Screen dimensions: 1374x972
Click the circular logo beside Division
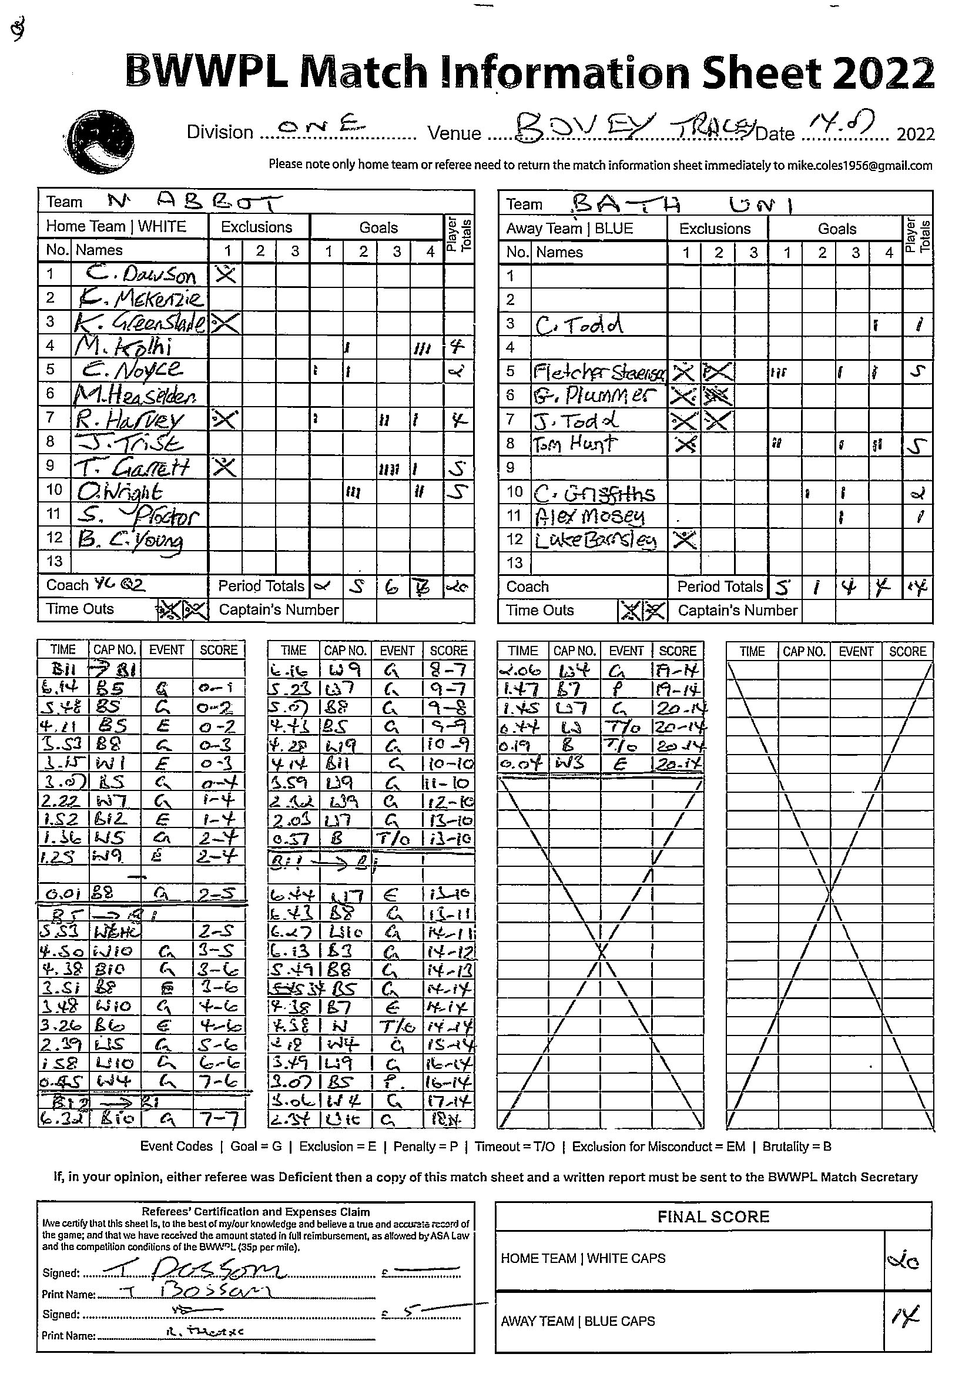100,141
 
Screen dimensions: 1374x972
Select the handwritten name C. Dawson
141,274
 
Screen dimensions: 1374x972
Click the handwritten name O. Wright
120,491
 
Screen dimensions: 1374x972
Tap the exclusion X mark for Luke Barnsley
684,539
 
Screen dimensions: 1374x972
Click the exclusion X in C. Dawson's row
226,274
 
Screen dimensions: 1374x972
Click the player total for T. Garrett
458,467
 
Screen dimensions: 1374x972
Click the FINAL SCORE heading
713,1217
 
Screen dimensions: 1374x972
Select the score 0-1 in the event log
217,689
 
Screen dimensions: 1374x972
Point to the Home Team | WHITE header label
116,227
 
